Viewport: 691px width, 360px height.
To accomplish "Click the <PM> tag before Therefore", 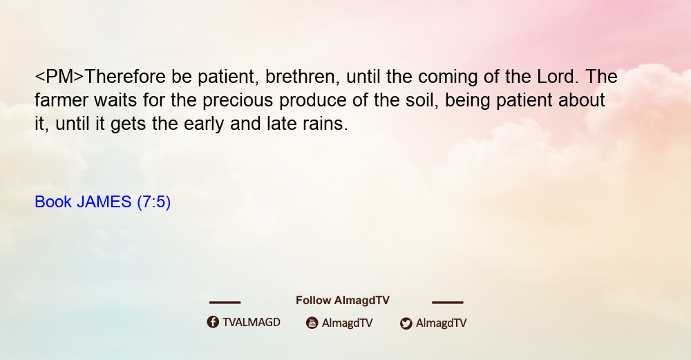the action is tap(59, 77).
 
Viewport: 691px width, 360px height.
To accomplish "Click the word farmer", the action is tap(61, 100).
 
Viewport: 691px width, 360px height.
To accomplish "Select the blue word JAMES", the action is tap(104, 202).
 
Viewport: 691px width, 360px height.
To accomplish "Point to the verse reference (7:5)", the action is tap(154, 202).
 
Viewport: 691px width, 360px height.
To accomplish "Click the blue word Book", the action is tap(53, 202).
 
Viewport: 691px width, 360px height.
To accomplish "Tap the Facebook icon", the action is tap(213, 322).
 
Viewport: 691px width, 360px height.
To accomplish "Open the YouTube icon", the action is tap(312, 323).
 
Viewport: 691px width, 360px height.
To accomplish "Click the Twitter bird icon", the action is tap(406, 323).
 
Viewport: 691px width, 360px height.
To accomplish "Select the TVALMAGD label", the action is tap(252, 323).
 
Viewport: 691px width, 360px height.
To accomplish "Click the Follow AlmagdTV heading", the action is tap(343, 301).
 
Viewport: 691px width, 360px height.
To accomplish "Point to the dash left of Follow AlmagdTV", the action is tap(225, 302).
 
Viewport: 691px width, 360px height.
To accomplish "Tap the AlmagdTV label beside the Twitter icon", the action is tap(441, 323).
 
